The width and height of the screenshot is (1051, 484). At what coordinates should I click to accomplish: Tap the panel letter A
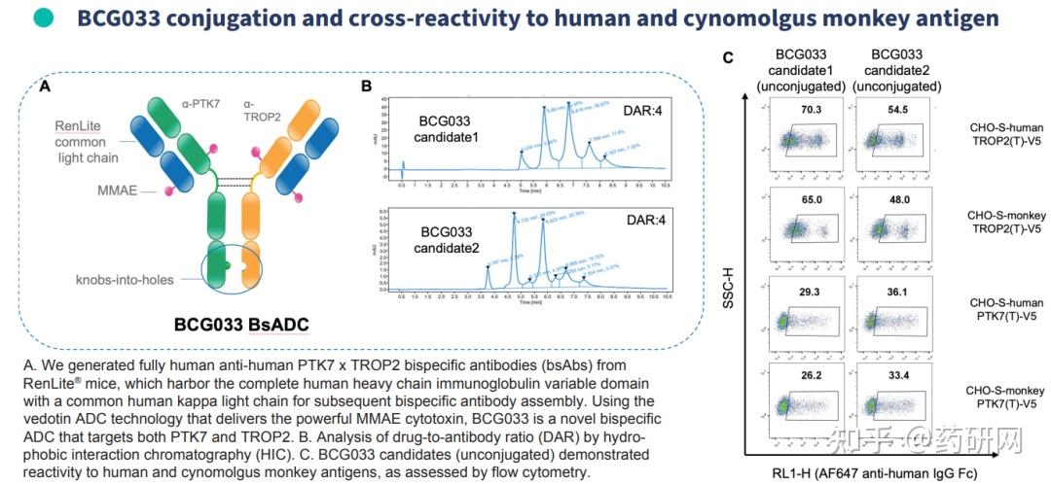45,86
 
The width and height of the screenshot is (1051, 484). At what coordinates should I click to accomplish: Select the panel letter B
366,86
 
